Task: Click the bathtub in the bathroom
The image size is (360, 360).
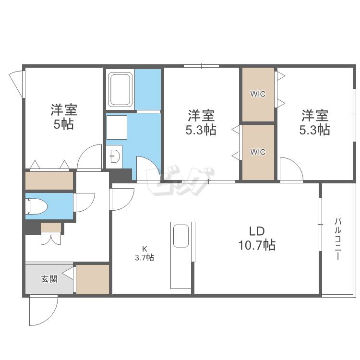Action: [120, 90]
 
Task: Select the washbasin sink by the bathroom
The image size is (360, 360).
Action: [115, 156]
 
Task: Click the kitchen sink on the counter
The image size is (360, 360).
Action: [181, 236]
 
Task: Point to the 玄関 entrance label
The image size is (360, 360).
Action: [49, 279]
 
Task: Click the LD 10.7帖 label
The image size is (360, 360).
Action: [257, 238]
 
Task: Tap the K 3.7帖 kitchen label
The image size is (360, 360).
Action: [144, 253]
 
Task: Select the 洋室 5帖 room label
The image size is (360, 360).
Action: [64, 117]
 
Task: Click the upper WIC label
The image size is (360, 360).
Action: [258, 94]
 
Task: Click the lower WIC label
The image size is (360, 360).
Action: [258, 152]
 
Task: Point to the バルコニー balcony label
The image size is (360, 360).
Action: [337, 239]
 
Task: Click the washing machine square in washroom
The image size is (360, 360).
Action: [117, 127]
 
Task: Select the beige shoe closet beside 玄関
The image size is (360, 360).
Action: [93, 279]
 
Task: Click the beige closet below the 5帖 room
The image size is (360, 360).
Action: [49, 180]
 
